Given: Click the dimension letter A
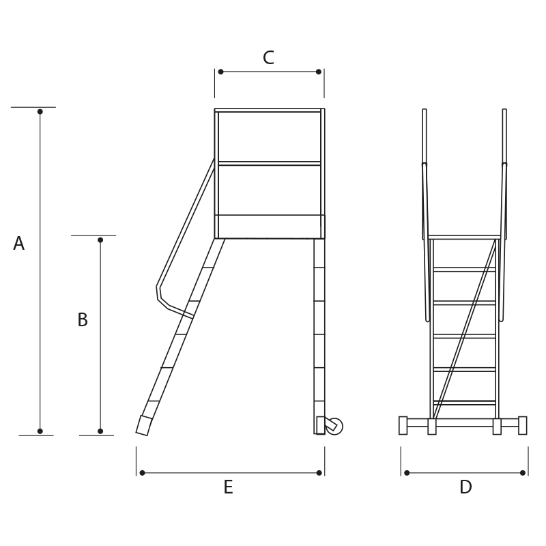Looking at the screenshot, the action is (19, 243).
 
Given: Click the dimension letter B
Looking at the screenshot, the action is (83, 319).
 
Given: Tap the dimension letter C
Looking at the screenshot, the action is (268, 57).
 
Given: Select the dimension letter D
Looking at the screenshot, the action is (465, 487).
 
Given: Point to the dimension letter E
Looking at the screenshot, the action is (228, 487).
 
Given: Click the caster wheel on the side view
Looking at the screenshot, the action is (334, 426).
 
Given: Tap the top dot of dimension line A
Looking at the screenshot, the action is (40, 111).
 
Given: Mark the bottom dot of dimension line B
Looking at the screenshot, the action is (100, 431).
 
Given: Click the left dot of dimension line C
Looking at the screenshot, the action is (220, 72).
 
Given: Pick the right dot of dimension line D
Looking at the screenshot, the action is (522, 472).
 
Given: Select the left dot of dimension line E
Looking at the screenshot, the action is (142, 472).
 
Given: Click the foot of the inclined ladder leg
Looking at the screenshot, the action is (144, 425).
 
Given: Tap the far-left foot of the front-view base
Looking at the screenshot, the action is (403, 425).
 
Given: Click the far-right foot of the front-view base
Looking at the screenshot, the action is (522, 425).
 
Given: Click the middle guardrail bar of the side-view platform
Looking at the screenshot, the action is (270, 163).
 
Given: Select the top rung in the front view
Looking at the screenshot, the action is (464, 270).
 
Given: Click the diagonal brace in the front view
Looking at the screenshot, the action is (465, 328).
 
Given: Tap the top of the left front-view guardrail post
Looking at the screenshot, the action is (425, 110).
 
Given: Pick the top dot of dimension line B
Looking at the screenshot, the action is (100, 240).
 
